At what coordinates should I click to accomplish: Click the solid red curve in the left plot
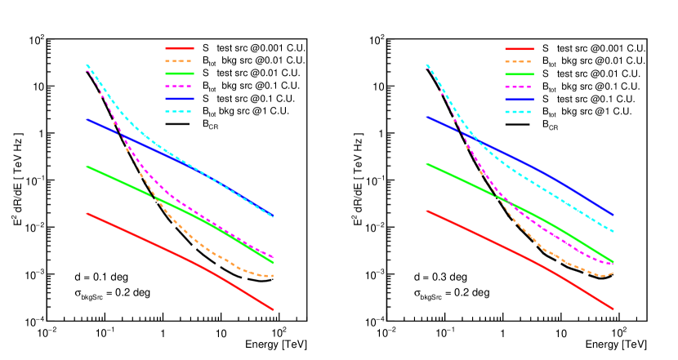tap(163, 248)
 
